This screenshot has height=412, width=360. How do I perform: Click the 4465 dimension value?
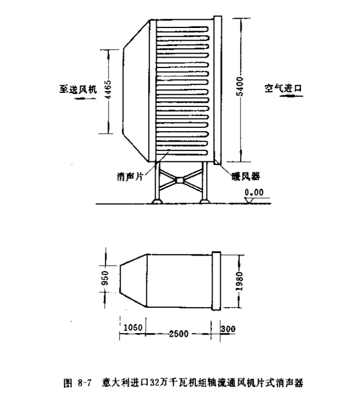(108, 89)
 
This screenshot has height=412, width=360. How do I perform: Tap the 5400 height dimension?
(239, 87)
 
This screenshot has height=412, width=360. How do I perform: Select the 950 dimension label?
(105, 278)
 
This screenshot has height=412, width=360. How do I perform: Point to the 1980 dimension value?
(239, 281)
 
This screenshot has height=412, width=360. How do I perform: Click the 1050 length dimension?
(133, 328)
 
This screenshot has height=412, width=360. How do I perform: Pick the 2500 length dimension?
(179, 334)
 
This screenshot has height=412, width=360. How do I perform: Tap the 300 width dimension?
(228, 329)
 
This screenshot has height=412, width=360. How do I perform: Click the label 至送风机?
(78, 89)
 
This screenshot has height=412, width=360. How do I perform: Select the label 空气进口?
(283, 88)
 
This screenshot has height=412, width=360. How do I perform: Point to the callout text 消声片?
(130, 176)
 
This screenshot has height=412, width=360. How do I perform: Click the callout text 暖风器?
(246, 176)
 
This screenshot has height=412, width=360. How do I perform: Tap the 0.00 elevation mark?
(254, 193)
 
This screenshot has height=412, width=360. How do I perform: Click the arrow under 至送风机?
(85, 99)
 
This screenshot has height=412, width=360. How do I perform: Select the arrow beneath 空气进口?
(292, 96)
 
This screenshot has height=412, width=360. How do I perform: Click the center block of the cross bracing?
(180, 180)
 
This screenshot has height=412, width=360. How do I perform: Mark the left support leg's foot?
(157, 201)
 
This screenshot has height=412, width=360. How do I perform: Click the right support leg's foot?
(205, 201)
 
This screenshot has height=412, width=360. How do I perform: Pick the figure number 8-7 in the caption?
(84, 382)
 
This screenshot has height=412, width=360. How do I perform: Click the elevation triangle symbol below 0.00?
(249, 200)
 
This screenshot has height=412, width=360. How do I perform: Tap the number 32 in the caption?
(154, 382)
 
